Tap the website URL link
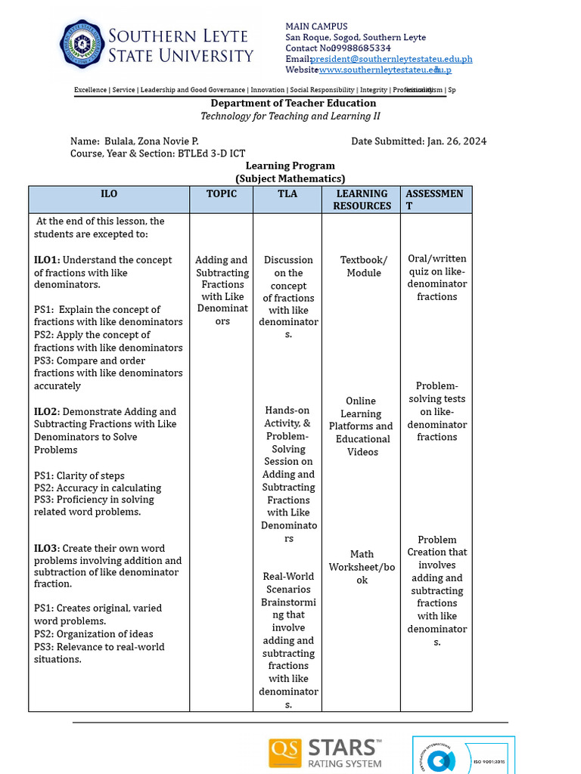click(x=385, y=70)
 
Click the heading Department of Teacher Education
click(x=293, y=104)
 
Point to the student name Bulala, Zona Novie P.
click(x=151, y=141)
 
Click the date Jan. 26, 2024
click(x=457, y=141)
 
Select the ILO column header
click(x=109, y=194)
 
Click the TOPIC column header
click(x=221, y=194)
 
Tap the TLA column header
click(x=287, y=194)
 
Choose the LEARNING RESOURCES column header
click(x=362, y=200)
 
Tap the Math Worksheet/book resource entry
click(x=362, y=567)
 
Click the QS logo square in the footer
click(x=284, y=754)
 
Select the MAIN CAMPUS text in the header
click(x=316, y=26)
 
